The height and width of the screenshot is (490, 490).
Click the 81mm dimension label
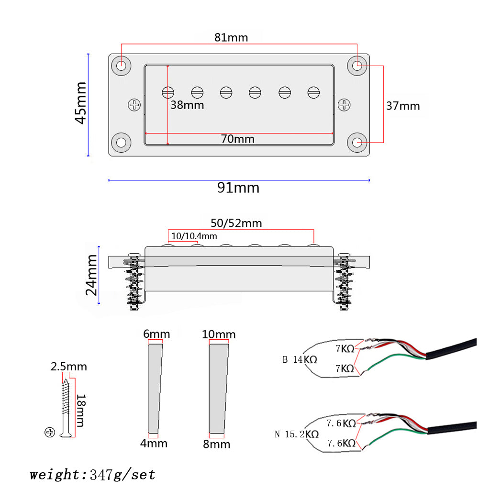(231, 37)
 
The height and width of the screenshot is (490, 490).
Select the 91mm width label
(238, 188)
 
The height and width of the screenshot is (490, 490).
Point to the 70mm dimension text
(237, 139)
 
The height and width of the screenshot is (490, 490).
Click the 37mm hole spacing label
(402, 106)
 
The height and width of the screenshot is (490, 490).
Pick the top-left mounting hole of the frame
(122, 66)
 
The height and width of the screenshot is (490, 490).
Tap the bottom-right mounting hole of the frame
(357, 143)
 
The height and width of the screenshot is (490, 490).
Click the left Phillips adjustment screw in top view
(135, 105)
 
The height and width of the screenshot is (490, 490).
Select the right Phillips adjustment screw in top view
(344, 105)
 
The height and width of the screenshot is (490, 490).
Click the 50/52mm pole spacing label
(236, 223)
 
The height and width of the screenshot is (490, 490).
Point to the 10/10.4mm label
(194, 236)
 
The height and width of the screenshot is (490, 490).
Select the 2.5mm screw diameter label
(69, 367)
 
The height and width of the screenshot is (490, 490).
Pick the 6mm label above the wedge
(156, 334)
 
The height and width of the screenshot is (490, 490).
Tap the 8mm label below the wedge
(216, 444)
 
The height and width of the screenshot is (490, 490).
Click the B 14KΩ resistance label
(300, 359)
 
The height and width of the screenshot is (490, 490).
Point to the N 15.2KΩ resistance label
(296, 434)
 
